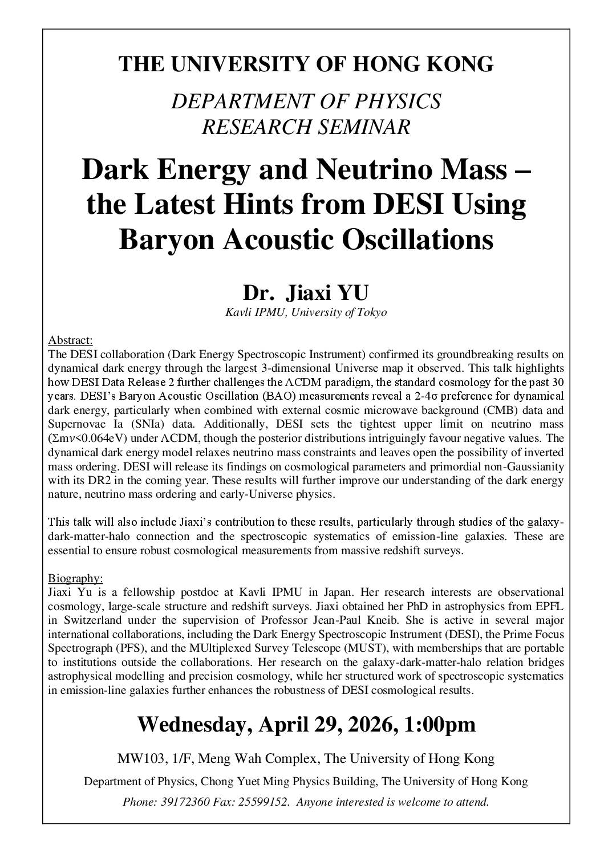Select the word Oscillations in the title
click(421, 239)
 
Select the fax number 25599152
click(267, 802)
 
